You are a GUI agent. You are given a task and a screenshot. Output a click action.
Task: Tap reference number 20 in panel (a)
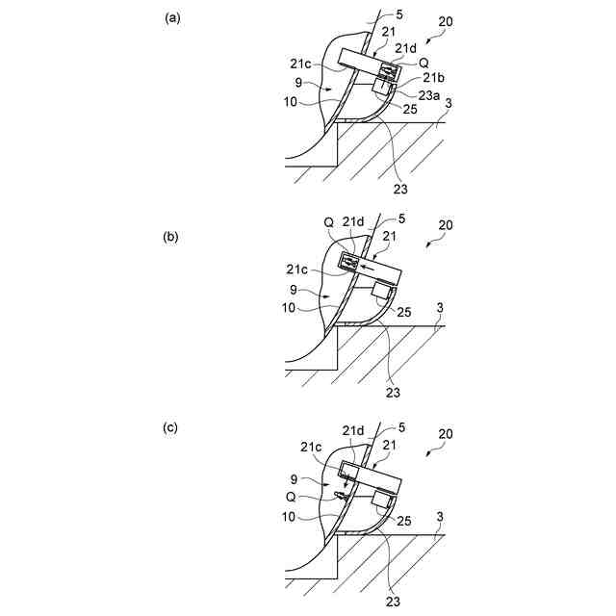point(447,21)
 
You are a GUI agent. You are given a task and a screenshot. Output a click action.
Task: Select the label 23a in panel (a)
point(428,94)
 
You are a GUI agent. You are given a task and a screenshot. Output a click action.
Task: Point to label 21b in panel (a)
point(433,77)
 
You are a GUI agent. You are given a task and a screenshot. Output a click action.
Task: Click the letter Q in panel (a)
point(423,62)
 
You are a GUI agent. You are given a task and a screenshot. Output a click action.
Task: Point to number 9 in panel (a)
point(300,83)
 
